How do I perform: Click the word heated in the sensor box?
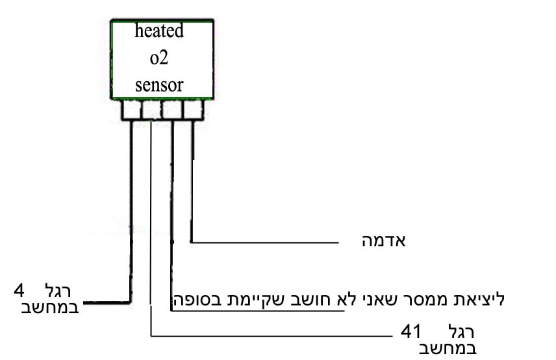click(x=159, y=32)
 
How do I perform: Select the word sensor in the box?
click(x=159, y=85)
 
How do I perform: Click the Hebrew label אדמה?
click(x=383, y=241)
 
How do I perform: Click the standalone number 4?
click(x=19, y=289)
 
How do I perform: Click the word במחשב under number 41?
click(x=449, y=349)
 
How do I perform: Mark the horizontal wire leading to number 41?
click(x=273, y=335)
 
